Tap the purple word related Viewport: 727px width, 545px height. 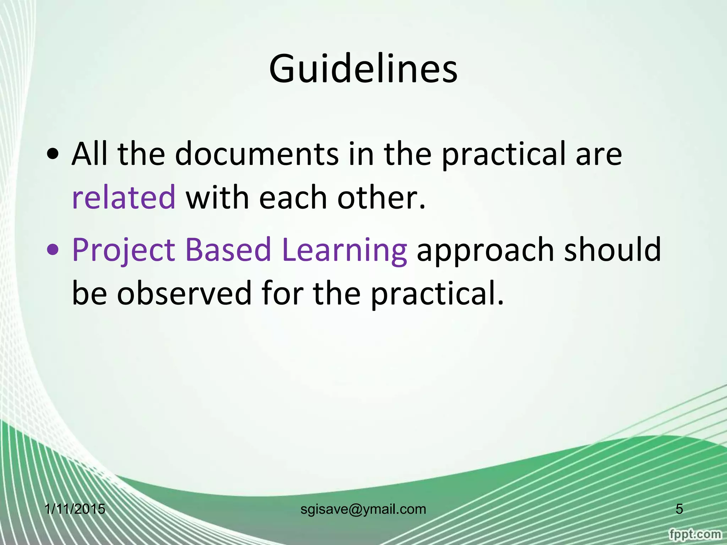[x=124, y=197]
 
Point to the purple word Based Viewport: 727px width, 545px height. [x=228, y=249]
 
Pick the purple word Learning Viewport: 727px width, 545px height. [x=344, y=250]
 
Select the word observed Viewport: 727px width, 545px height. [x=184, y=293]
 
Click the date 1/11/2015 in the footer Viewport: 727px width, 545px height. [x=75, y=509]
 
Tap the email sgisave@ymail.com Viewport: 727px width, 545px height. [x=363, y=509]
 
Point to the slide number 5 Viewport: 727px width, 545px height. [x=679, y=509]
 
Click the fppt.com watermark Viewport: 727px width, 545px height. [x=695, y=534]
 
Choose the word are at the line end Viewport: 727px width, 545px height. [x=599, y=155]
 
